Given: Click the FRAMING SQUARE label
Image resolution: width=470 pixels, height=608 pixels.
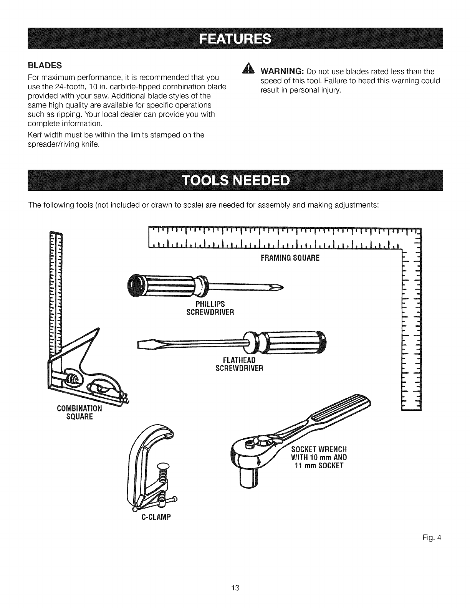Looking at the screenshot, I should [290, 258].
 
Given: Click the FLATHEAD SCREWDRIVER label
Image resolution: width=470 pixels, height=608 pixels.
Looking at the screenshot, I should [239, 365].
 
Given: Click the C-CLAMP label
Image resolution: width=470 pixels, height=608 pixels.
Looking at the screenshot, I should [156, 517].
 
